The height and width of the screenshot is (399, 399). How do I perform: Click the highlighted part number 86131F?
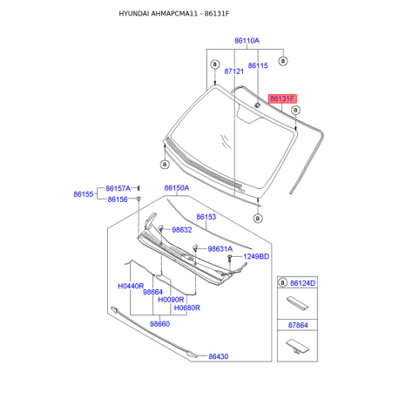(x=282, y=98)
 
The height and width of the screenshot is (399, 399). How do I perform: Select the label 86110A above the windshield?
(x=247, y=41)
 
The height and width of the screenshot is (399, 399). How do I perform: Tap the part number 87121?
(x=233, y=71)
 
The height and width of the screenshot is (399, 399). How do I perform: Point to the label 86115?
(x=258, y=65)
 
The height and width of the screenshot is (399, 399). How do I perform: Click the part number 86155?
(x=84, y=194)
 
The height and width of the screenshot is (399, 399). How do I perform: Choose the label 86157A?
(x=118, y=188)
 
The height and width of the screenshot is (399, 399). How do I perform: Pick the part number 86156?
(x=118, y=199)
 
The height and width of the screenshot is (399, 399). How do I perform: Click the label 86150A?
(x=177, y=188)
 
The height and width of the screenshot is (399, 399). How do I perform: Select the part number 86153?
(x=206, y=217)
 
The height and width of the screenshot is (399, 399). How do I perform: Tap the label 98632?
(x=182, y=230)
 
